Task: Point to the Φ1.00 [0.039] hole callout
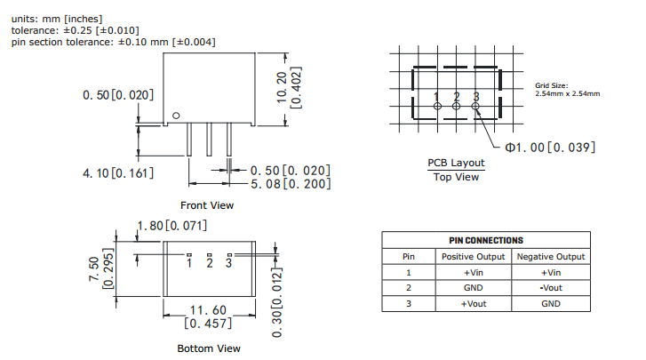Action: pos(550,147)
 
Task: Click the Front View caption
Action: pos(207,205)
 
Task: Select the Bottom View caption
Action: pos(209,348)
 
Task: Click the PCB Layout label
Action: pos(456,163)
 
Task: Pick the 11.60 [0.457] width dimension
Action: pos(209,316)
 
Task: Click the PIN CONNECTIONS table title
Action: pos(486,240)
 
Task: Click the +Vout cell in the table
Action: pos(475,304)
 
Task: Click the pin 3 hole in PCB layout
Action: pos(476,107)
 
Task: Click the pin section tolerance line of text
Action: pos(113,42)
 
